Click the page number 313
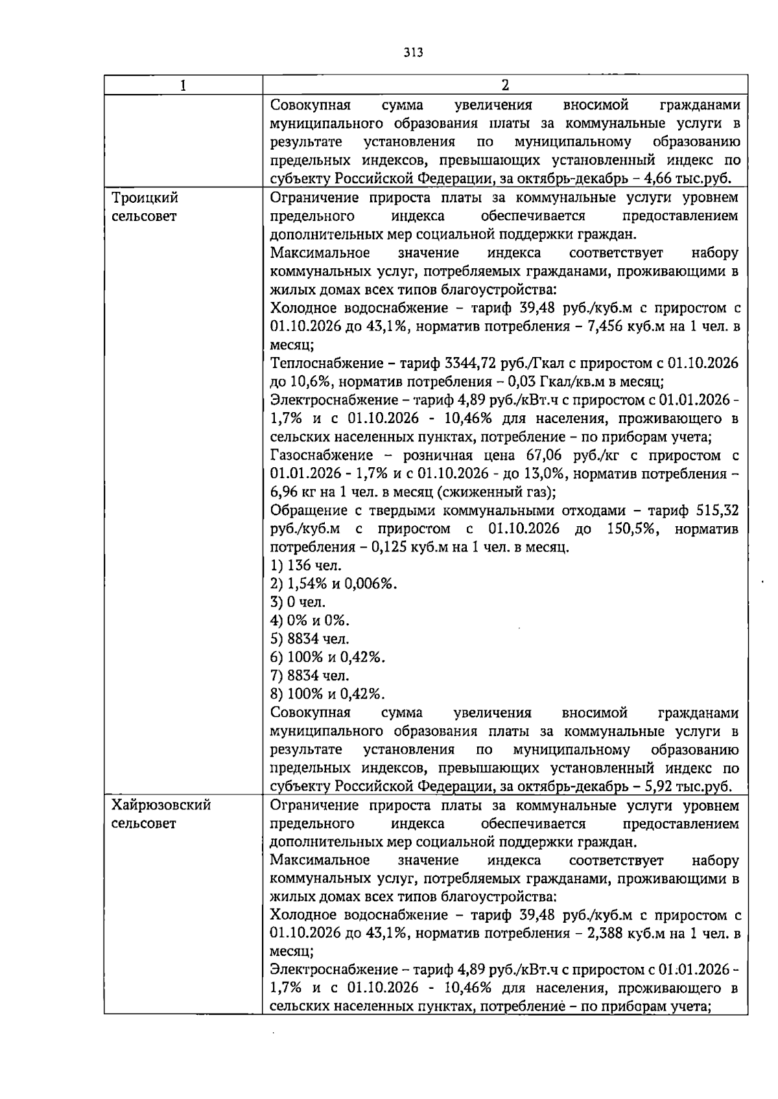[412, 52]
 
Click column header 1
[183, 86]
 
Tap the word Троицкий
[145, 197]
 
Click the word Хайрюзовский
[161, 805]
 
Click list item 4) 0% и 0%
[309, 621]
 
